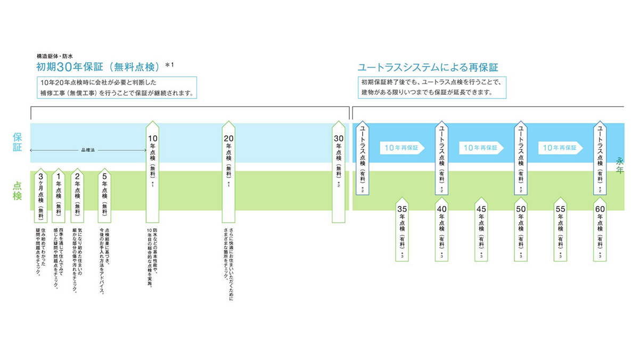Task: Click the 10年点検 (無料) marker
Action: coord(152,170)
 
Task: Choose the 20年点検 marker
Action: coord(228,170)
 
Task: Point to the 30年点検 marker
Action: coord(338,170)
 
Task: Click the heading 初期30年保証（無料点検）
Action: coord(99,67)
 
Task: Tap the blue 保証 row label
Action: coord(18,142)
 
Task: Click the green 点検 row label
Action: coord(18,190)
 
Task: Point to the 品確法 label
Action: coord(87,151)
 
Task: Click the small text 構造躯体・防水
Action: coord(54,55)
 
